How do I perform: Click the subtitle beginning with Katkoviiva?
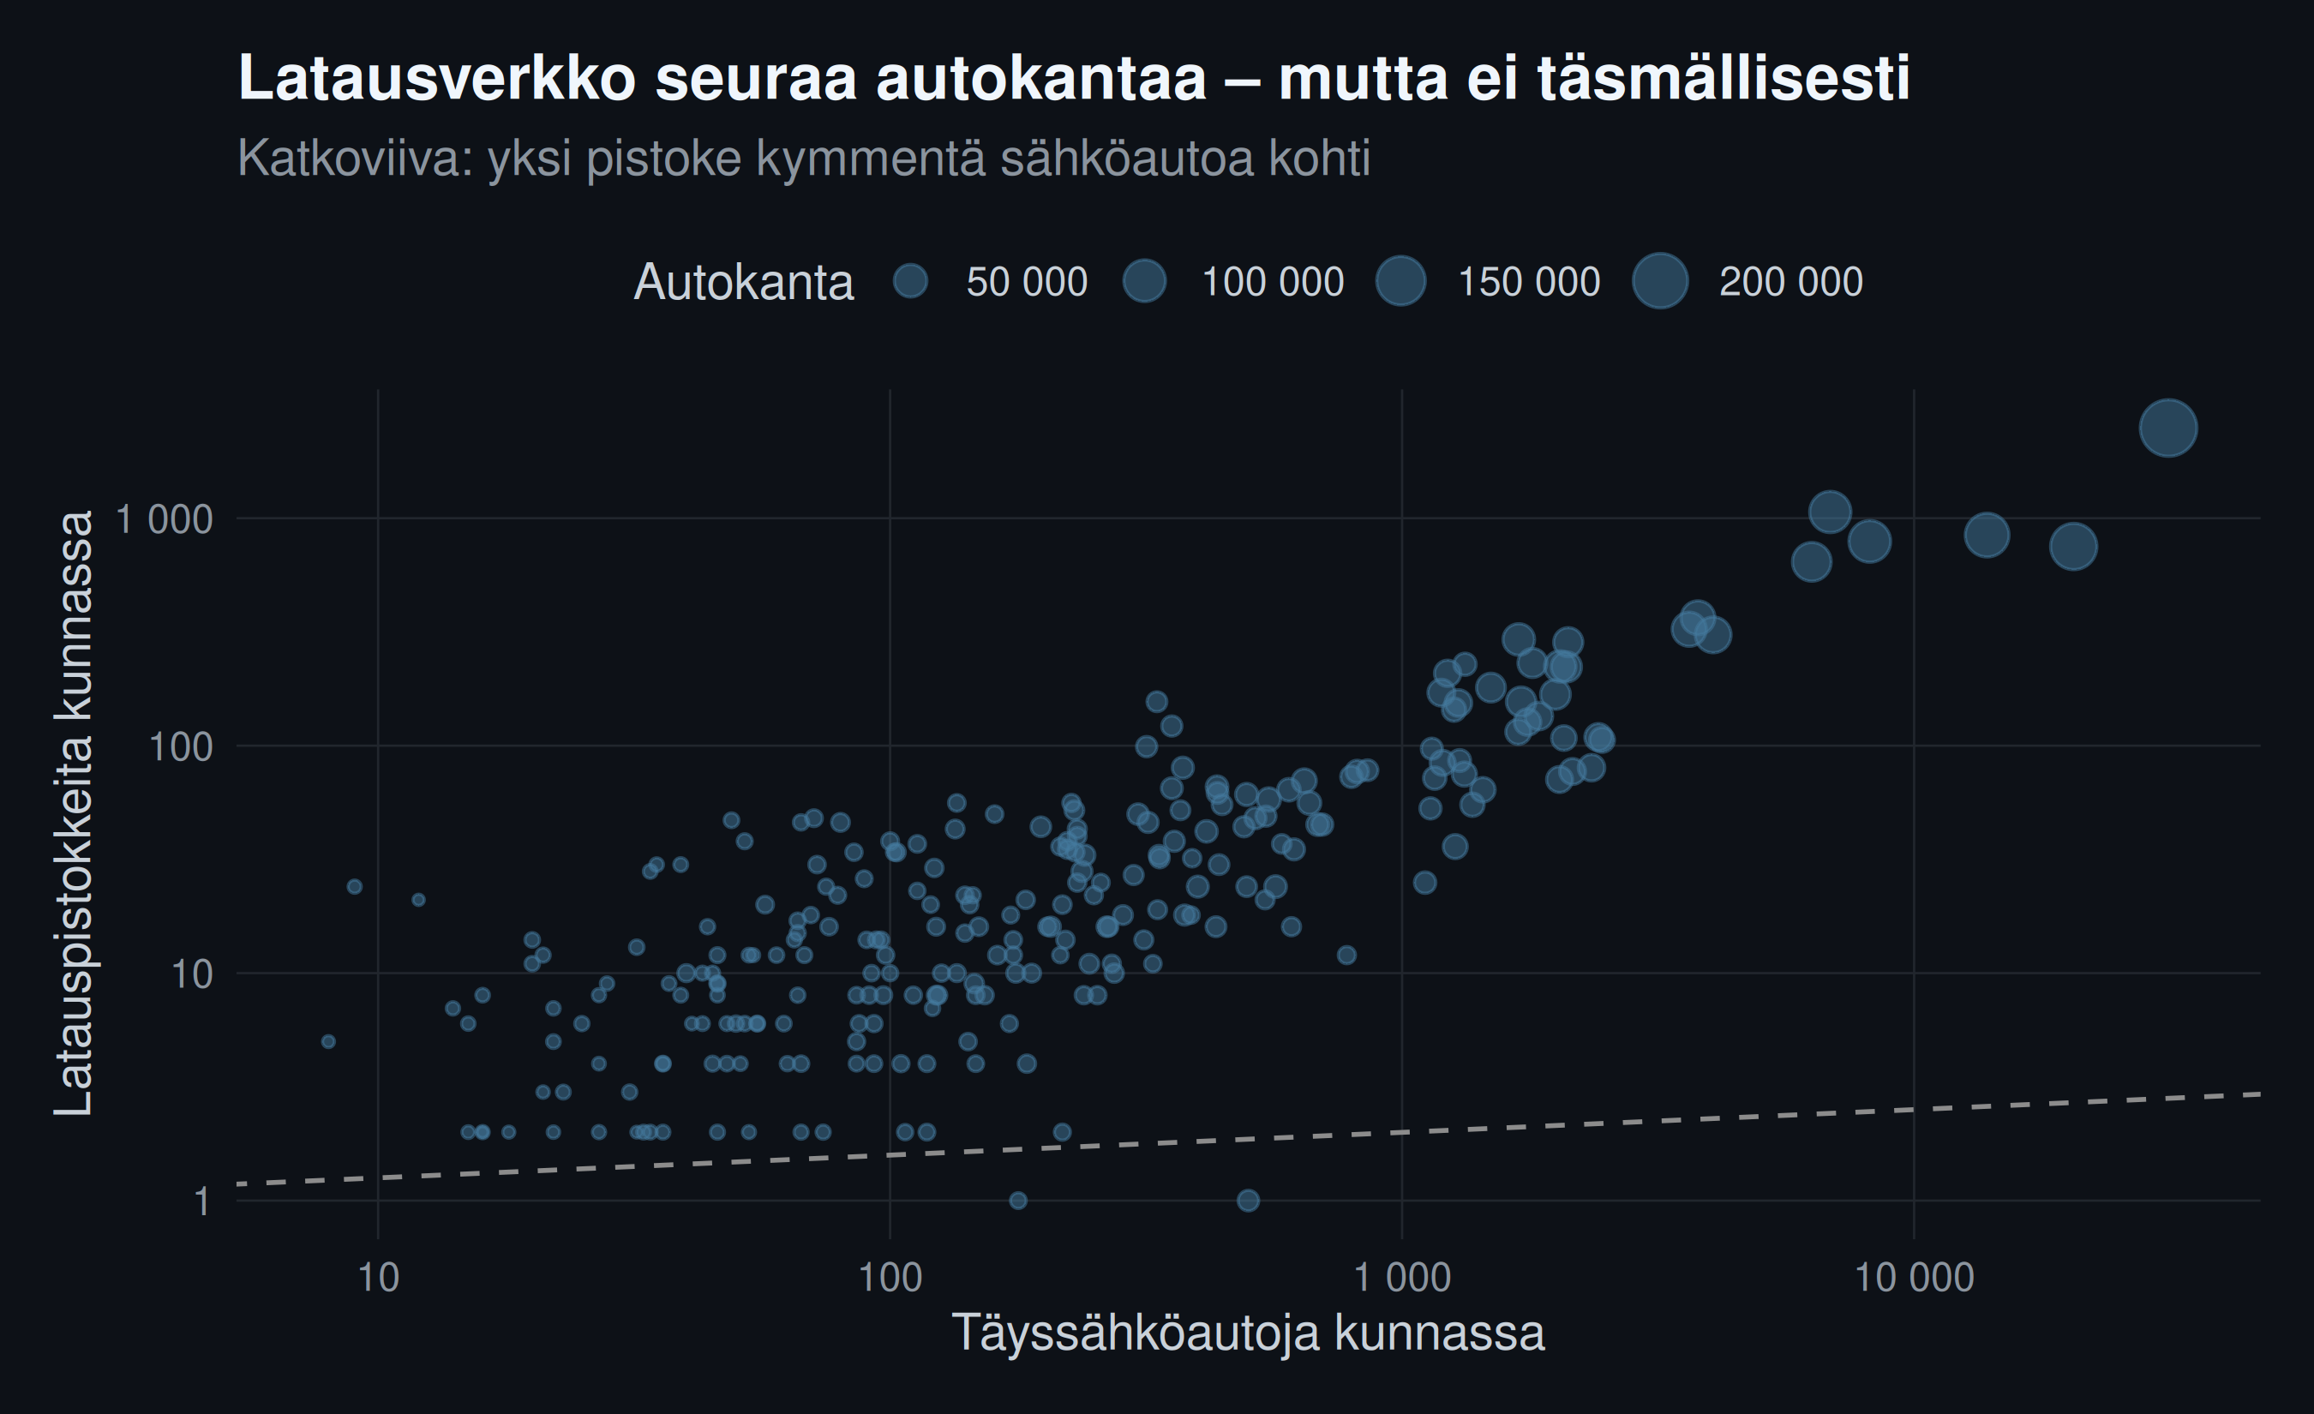(x=804, y=158)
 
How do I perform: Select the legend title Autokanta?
(x=744, y=282)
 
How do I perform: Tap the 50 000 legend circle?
(x=910, y=281)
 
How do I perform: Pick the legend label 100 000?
(x=1273, y=282)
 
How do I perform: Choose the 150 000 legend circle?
(x=1400, y=281)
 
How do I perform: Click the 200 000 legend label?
(x=1791, y=282)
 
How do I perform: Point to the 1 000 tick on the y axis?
(x=165, y=518)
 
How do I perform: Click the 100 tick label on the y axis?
(x=181, y=746)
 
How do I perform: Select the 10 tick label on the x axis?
(x=379, y=1278)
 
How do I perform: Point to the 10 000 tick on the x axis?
(x=1914, y=1278)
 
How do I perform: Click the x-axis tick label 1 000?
(x=1402, y=1278)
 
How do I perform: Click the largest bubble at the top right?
(x=2168, y=428)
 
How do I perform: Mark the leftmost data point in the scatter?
(x=327, y=1041)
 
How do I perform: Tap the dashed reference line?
(x=1248, y=1139)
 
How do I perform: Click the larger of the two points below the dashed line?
(x=1248, y=1200)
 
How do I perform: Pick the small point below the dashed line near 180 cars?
(x=1018, y=1200)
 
